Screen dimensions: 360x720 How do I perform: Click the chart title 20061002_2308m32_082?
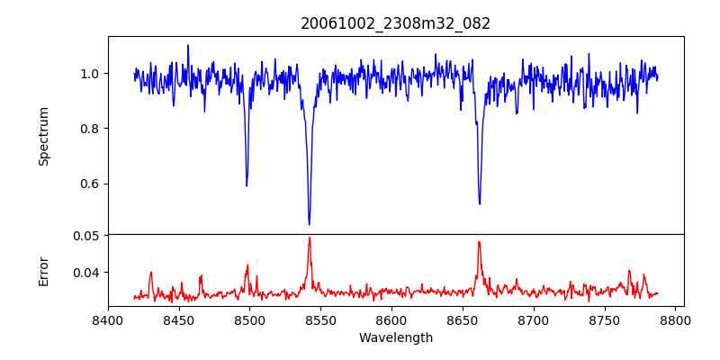click(x=395, y=23)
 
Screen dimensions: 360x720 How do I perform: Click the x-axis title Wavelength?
click(x=395, y=337)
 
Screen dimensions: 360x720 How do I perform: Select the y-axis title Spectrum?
click(x=43, y=136)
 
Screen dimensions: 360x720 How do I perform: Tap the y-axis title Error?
click(x=43, y=270)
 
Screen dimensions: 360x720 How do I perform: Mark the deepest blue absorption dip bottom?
click(x=309, y=224)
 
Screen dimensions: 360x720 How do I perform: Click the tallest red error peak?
click(x=310, y=238)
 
